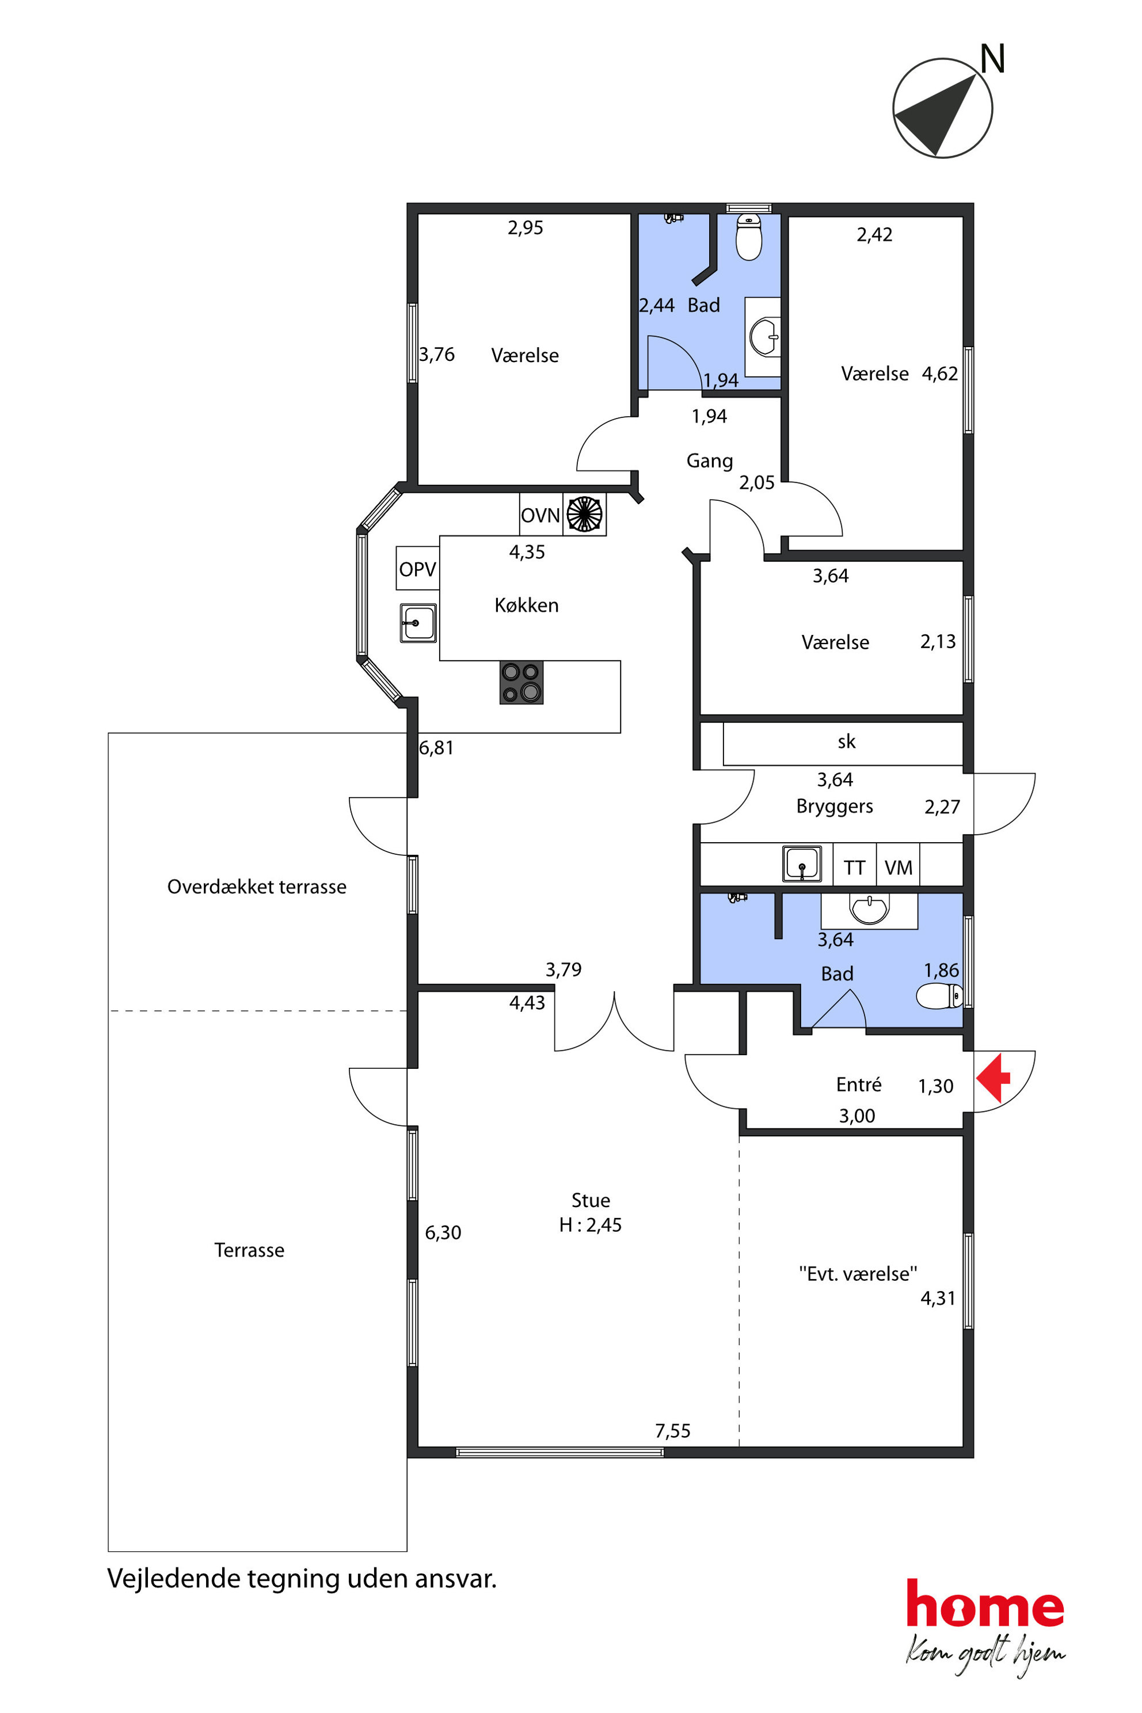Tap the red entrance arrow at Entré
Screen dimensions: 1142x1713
click(993, 1078)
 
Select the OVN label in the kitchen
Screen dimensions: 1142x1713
click(540, 516)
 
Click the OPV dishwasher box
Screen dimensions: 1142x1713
click(417, 568)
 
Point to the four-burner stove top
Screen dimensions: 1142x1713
click(521, 683)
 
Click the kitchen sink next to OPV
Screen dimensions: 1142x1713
click(418, 623)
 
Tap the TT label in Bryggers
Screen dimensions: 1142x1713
click(854, 868)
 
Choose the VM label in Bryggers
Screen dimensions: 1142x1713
click(898, 868)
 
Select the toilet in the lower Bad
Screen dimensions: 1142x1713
click(939, 996)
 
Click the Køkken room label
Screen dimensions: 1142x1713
click(527, 605)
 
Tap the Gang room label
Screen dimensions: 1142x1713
click(709, 461)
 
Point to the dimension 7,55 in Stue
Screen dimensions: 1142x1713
click(672, 1431)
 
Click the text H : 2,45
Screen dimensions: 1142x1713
click(591, 1225)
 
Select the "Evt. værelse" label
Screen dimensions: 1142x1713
click(858, 1274)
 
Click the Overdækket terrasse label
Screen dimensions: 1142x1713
click(257, 887)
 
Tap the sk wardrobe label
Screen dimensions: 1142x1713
click(846, 741)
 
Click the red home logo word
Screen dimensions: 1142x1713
click(985, 1604)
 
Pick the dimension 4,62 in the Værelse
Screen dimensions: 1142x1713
click(939, 374)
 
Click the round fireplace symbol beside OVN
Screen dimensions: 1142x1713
click(584, 513)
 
